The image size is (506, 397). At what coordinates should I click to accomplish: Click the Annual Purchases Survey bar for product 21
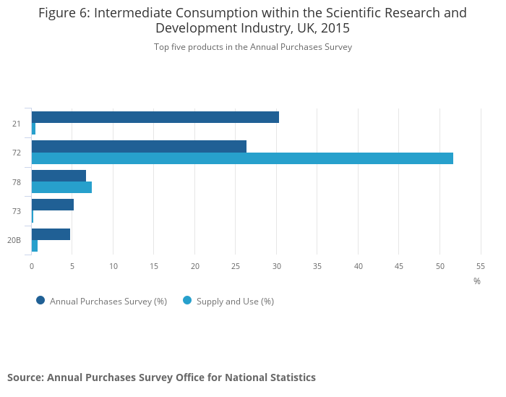[155, 117]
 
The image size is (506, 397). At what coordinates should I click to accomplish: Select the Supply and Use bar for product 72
[242, 158]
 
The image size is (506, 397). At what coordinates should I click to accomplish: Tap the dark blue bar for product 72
[139, 146]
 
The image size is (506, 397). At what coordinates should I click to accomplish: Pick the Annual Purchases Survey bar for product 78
[59, 176]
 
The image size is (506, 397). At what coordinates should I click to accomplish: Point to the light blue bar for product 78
[61, 187]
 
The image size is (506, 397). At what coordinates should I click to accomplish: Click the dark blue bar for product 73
[53, 205]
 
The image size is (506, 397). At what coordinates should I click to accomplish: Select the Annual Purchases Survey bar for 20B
[51, 234]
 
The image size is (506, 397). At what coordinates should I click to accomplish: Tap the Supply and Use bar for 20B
[35, 246]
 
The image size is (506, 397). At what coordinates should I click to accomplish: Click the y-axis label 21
[16, 124]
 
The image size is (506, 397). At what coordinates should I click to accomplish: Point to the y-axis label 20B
[14, 240]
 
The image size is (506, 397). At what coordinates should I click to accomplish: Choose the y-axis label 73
[16, 211]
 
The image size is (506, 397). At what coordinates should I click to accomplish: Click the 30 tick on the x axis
[277, 266]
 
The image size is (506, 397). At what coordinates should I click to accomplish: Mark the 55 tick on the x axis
[481, 266]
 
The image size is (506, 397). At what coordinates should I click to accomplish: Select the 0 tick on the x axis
[32, 266]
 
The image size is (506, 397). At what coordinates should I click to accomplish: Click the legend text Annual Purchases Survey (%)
[108, 302]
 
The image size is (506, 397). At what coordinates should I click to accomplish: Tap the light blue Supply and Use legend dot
[187, 301]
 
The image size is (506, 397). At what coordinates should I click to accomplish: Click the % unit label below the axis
[477, 281]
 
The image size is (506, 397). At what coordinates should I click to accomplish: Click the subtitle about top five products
[252, 47]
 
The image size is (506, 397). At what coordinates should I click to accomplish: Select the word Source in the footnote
[25, 377]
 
